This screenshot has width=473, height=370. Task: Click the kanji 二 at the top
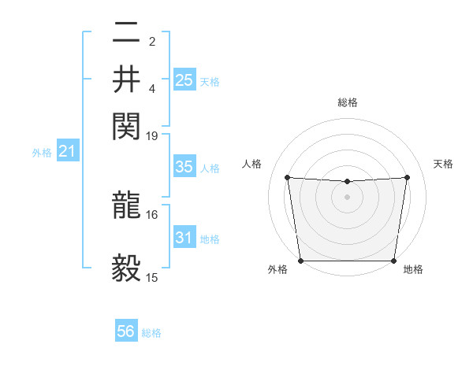point(126,32)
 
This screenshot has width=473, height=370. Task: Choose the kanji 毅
point(126,268)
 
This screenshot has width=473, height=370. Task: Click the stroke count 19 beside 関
point(152,135)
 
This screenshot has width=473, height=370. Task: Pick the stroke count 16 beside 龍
point(152,214)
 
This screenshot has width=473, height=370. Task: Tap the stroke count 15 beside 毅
point(152,277)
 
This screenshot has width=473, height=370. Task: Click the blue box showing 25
point(184,80)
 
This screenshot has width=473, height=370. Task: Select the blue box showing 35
point(184,167)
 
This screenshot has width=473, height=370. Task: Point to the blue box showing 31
point(184,238)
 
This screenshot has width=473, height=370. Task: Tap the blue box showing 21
point(66,151)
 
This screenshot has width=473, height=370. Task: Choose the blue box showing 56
point(126,331)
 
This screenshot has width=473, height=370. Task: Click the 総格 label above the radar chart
point(348,102)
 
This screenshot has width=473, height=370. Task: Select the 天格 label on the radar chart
point(444,164)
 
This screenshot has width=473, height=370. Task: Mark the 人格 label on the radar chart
point(252,164)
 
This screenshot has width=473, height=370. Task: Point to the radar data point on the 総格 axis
point(347,182)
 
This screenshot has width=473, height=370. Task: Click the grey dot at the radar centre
point(347,196)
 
